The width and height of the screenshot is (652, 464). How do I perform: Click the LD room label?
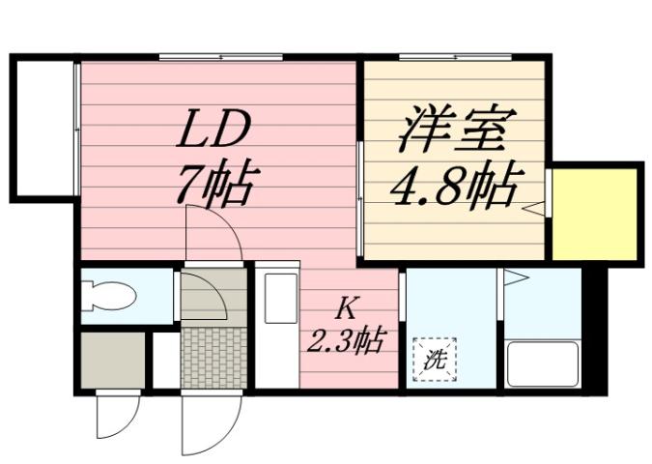click(x=213, y=131)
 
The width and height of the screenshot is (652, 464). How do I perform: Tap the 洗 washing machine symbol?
click(x=434, y=360)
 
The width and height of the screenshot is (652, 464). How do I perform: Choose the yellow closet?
click(x=596, y=214)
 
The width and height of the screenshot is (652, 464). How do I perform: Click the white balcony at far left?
click(x=43, y=125)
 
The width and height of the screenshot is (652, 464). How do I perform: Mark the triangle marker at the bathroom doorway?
click(x=514, y=279)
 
